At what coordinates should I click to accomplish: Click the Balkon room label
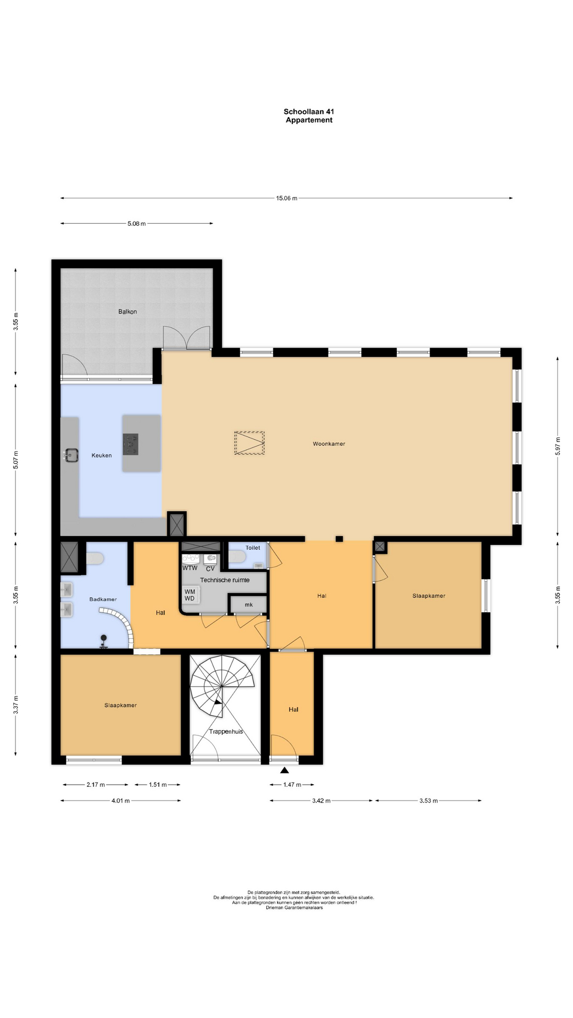[127, 312]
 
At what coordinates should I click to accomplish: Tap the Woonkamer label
[329, 444]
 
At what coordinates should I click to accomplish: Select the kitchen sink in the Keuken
[71, 455]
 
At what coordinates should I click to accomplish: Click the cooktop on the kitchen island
[131, 444]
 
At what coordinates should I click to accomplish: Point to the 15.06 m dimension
[286, 198]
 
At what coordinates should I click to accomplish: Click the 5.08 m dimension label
[136, 224]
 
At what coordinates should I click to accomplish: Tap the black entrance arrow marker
[285, 770]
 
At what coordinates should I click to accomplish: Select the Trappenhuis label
[226, 732]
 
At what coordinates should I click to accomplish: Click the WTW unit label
[190, 568]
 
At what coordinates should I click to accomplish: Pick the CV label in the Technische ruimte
[210, 568]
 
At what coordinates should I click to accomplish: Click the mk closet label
[249, 605]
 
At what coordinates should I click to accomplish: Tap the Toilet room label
[253, 548]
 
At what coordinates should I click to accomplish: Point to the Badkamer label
[103, 600]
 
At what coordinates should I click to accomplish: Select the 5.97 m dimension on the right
[558, 446]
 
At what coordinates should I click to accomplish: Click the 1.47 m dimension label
[292, 785]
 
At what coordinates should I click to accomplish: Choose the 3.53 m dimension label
[429, 801]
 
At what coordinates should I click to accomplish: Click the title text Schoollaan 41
[309, 111]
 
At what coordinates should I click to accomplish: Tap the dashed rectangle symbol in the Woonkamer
[249, 443]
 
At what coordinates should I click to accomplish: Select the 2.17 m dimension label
[96, 785]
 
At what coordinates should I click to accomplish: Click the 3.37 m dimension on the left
[15, 705]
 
